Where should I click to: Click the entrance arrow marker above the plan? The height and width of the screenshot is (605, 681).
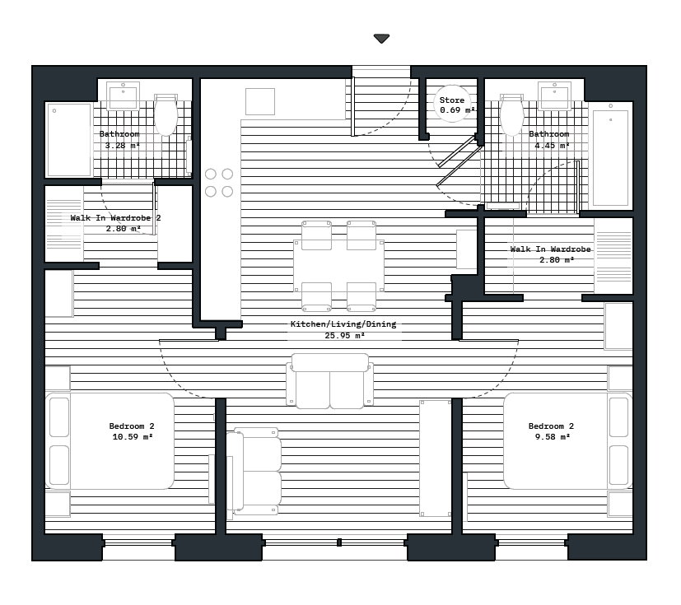tap(381, 39)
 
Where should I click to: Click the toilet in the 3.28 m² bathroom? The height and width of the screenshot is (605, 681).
tap(166, 115)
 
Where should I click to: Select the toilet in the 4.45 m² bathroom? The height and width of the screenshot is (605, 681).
tap(511, 115)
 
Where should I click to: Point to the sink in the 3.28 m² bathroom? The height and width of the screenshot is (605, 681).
tap(124, 95)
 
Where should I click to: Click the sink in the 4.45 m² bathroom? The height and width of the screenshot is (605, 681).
tap(554, 95)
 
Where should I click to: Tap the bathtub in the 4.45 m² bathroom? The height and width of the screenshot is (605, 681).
tap(610, 156)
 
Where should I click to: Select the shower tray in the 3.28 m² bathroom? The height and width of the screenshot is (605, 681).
tap(69, 139)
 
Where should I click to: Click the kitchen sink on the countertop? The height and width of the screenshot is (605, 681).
tap(260, 101)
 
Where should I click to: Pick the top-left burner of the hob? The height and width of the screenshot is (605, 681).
tap(211, 174)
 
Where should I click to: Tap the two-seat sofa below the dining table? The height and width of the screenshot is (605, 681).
tap(329, 380)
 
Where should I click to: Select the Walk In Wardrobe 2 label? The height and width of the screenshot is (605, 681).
tap(115, 218)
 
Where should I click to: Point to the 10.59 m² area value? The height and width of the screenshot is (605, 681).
tap(132, 437)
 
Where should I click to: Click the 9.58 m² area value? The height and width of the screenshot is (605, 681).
tap(551, 437)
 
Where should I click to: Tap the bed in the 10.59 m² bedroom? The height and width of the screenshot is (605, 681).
tap(111, 441)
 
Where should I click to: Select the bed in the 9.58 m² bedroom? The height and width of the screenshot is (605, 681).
tap(567, 441)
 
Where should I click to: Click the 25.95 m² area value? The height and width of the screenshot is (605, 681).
tap(344, 336)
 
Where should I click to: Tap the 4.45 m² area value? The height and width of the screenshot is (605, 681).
tap(552, 146)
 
